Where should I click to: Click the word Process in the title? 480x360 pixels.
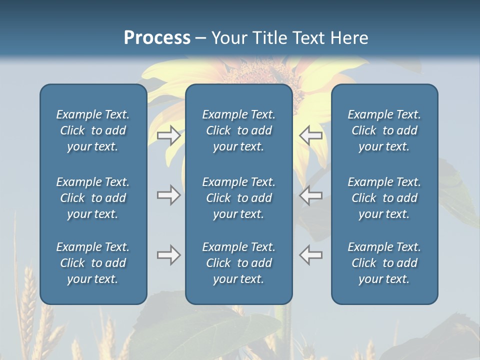click(157, 37)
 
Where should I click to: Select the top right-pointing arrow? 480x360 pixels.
click(169, 135)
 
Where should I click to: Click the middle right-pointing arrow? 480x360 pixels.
click(169, 195)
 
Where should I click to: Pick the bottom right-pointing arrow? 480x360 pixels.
click(169, 255)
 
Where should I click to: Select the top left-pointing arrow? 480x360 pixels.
click(310, 135)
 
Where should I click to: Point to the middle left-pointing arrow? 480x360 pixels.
click(310, 195)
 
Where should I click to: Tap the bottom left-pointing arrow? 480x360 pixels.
click(310, 255)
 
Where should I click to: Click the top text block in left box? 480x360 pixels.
click(93, 130)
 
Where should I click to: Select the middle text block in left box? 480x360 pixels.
click(93, 198)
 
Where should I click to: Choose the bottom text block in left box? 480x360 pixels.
click(93, 263)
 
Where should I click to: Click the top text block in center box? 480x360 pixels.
click(238, 130)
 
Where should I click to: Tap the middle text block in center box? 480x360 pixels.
click(238, 198)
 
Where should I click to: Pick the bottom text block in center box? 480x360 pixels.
click(238, 263)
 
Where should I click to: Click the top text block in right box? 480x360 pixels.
click(384, 130)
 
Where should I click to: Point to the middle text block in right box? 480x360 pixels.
click(384, 198)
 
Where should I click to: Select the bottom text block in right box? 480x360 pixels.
click(384, 263)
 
